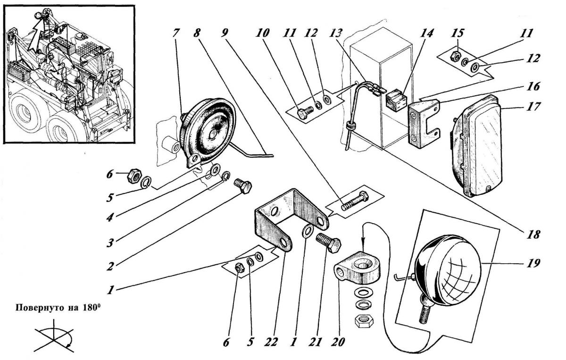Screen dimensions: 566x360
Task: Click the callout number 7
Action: click(176, 33)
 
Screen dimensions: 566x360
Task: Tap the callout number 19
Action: click(533, 263)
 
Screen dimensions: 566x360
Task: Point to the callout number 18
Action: click(533, 235)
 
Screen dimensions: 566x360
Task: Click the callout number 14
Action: click(426, 33)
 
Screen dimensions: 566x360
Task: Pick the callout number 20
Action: click(338, 342)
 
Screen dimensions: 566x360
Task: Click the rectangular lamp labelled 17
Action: click(475, 146)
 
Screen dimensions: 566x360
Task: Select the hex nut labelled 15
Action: click(455, 55)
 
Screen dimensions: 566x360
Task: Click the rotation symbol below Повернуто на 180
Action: click(54, 336)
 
